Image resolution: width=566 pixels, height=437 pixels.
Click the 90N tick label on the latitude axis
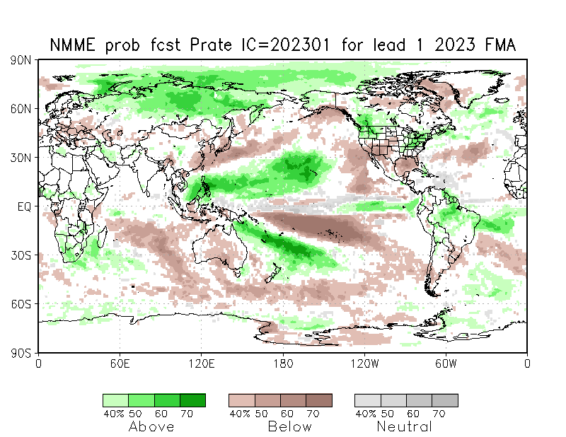click(21, 60)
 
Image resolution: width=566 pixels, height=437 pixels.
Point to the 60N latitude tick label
click(21, 109)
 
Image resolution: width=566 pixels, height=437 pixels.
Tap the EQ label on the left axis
click(24, 206)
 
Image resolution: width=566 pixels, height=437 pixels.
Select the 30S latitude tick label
click(21, 255)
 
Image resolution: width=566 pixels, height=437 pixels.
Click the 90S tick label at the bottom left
click(21, 352)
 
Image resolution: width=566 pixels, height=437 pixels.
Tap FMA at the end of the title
click(499, 45)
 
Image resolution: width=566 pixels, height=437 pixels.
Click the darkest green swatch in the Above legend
click(192, 400)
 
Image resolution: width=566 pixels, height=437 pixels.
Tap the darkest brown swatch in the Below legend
click(318, 400)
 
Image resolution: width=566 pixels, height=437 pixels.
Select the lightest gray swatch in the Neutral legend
click(367, 400)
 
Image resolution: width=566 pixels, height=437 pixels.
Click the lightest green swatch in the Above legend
click(115, 400)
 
